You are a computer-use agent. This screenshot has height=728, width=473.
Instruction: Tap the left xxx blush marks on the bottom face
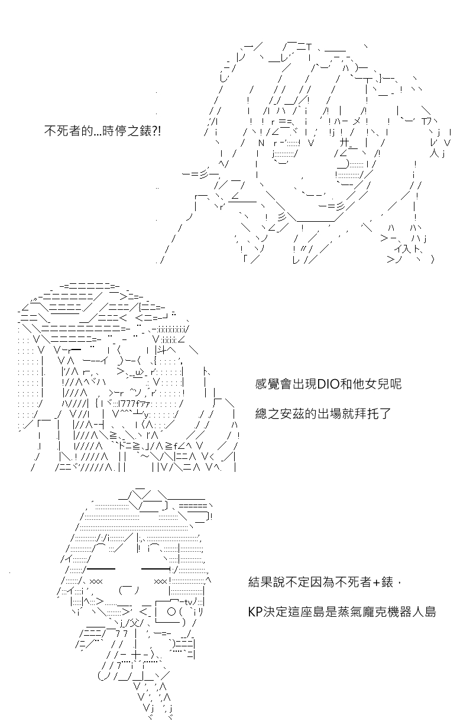[x=96, y=581]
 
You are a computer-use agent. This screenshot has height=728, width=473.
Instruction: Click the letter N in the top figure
[x=261, y=143]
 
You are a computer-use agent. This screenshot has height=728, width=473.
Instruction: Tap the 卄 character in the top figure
[x=345, y=142]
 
